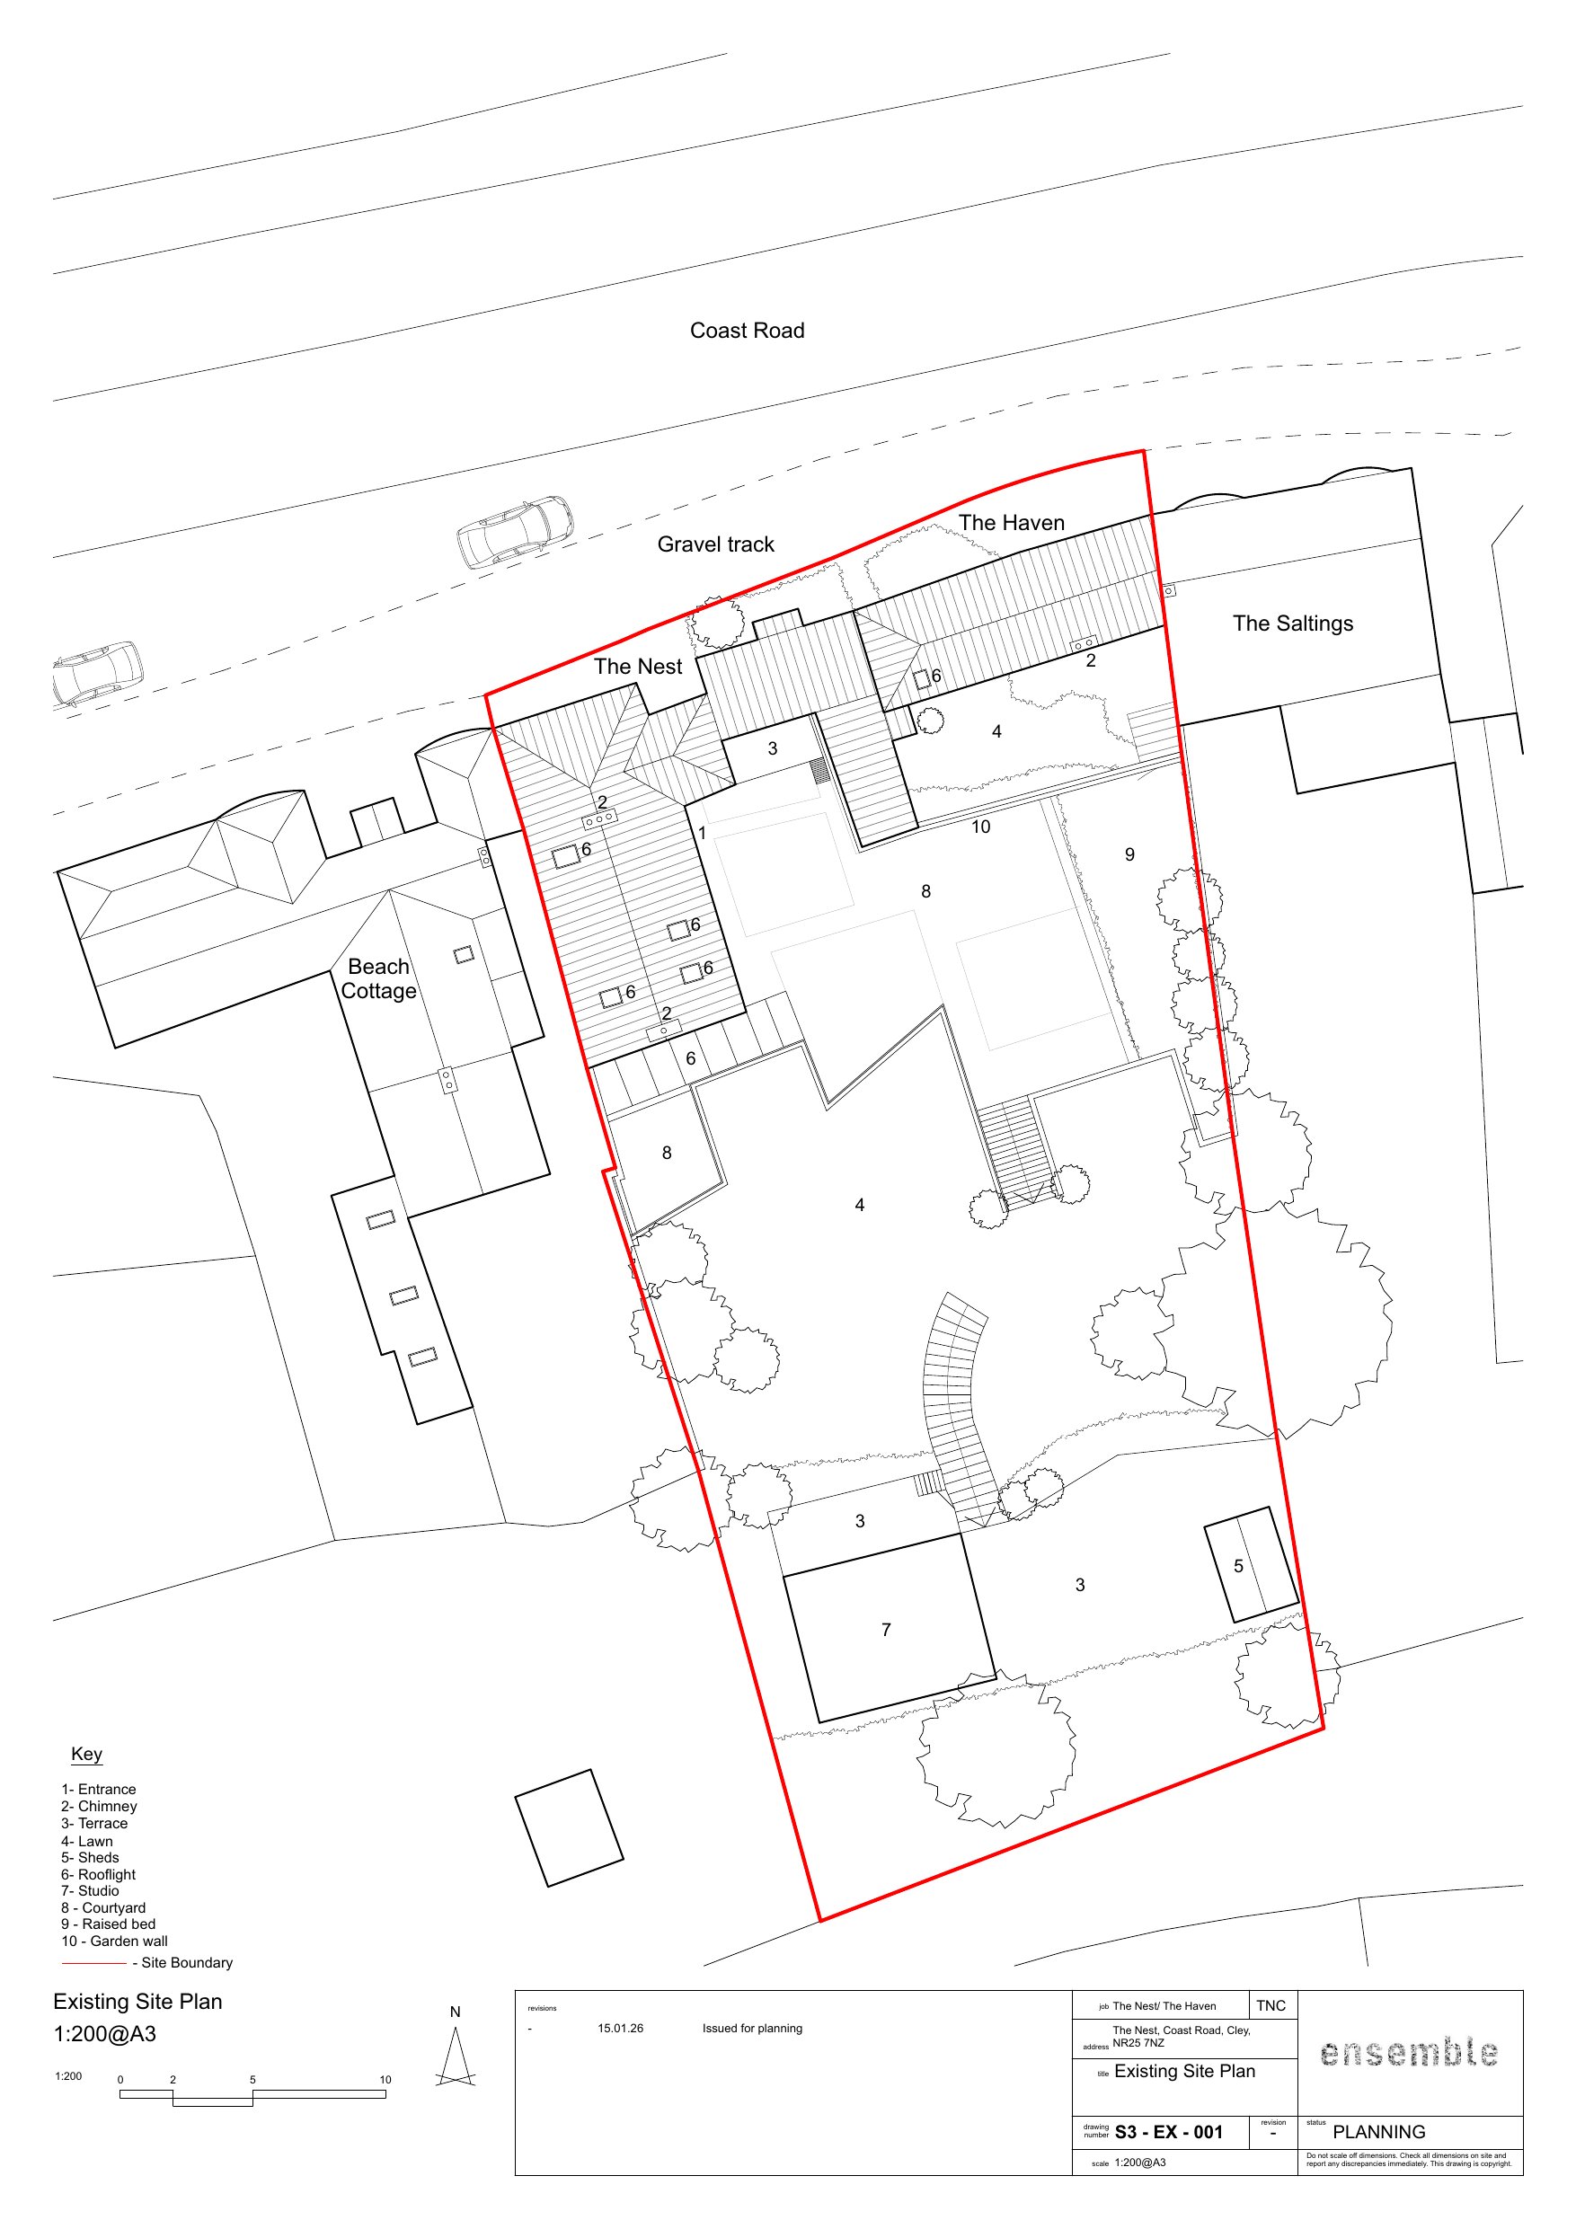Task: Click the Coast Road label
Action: tap(747, 331)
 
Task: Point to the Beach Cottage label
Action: tap(378, 978)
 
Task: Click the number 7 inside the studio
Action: tap(886, 1630)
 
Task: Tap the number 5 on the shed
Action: tap(1238, 1566)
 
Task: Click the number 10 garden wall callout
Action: tap(981, 827)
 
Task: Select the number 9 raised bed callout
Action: tap(1129, 855)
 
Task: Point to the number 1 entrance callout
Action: tap(702, 834)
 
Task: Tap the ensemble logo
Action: tap(1409, 2052)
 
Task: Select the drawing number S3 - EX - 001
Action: tap(1168, 2132)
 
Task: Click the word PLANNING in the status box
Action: tap(1379, 2132)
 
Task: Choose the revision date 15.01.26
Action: tap(621, 2028)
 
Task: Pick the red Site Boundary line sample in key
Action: tap(93, 1963)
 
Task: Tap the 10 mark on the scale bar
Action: tap(385, 2080)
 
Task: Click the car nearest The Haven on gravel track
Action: tap(515, 532)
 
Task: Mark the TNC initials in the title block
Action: tap(1271, 2005)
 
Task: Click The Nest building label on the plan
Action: tap(638, 667)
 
